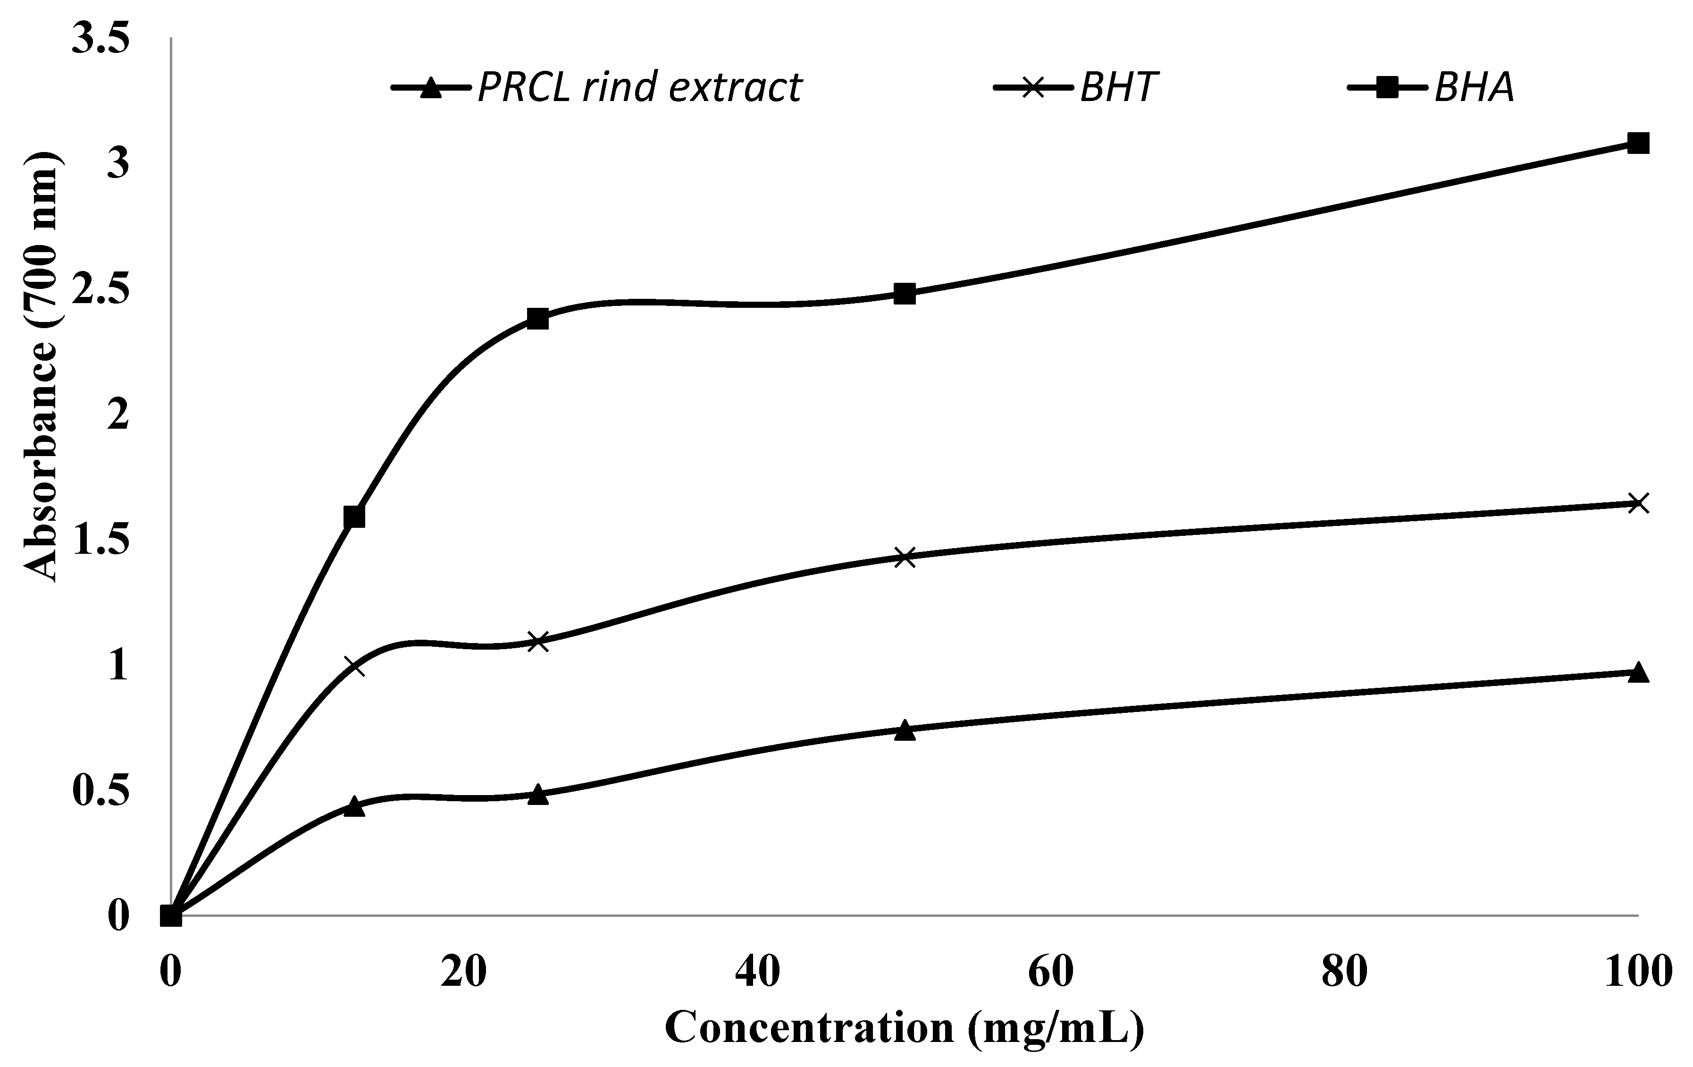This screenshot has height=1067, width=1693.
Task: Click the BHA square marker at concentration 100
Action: pos(1638,144)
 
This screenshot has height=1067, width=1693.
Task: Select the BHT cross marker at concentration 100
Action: pos(1638,503)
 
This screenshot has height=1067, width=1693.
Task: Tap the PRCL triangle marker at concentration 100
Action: pos(1638,672)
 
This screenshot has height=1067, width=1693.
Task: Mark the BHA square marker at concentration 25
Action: pos(538,319)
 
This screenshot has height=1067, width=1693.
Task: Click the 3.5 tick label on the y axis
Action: pos(102,41)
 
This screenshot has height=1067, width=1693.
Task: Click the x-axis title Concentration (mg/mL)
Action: pos(905,1028)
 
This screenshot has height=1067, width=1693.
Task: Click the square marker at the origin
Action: pos(171,916)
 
